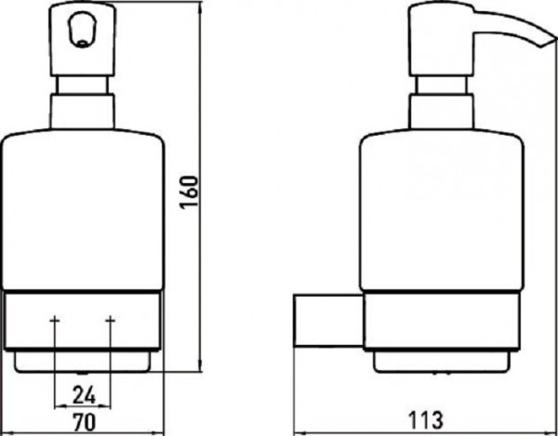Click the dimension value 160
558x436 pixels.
pyautogui.click(x=189, y=192)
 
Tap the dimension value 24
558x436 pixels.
pyautogui.click(x=84, y=395)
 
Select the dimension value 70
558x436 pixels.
pyautogui.click(x=85, y=422)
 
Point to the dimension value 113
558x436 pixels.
pyautogui.click(x=426, y=420)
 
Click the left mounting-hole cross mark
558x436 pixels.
pyautogui.click(x=55, y=321)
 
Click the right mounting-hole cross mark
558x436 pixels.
pyautogui.click(x=111, y=321)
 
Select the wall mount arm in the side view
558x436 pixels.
pyautogui.click(x=328, y=320)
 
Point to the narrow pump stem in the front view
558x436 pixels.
pyautogui.click(x=82, y=85)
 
